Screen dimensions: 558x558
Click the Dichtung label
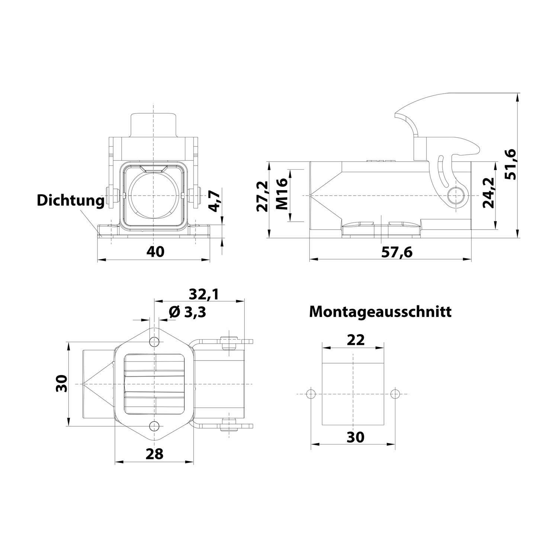point(71,201)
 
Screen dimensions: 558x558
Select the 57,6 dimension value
point(397,252)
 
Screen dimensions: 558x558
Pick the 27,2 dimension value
point(263,196)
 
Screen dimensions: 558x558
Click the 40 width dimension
point(155,251)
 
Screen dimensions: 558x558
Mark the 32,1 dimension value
point(204,294)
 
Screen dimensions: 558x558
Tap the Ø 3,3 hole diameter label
point(187,312)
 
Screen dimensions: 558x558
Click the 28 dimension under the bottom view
point(154,453)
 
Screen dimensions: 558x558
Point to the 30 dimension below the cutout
point(355,437)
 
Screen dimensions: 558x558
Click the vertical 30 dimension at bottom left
point(61,384)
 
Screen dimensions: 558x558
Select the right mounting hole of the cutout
point(396,394)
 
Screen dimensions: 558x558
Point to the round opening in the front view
point(153,195)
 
